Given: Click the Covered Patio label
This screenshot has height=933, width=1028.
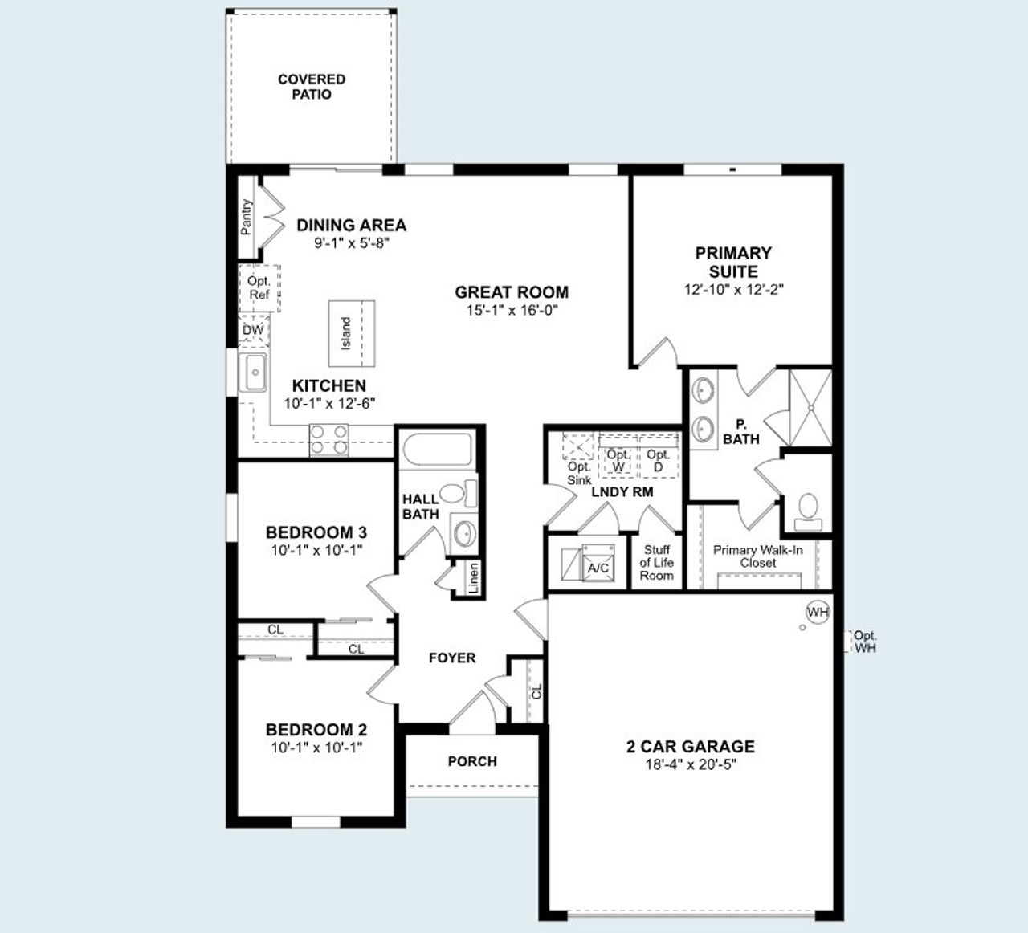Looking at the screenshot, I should (312, 87).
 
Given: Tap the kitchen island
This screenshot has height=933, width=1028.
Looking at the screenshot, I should (351, 332).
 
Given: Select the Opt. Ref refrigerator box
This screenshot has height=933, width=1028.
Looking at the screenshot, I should (259, 288).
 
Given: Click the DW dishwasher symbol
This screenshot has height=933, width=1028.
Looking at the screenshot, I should (253, 331).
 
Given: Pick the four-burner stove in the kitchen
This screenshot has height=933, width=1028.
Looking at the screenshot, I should (329, 440).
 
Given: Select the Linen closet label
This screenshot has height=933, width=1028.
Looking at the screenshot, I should (474, 577).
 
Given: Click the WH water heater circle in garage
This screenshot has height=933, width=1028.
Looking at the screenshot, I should (818, 613).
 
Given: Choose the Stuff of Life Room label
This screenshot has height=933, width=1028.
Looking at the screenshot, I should (656, 563).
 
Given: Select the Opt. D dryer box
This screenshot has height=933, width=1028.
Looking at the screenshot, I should (659, 460).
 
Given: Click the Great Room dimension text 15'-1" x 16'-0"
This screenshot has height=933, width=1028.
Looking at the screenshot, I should (512, 311).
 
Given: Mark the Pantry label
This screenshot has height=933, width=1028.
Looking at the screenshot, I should (247, 217).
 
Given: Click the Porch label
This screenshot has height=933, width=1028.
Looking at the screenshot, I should (472, 761).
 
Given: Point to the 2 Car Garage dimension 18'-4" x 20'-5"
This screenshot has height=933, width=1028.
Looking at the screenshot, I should (690, 764).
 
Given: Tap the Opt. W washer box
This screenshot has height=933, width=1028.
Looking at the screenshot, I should (618, 460).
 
